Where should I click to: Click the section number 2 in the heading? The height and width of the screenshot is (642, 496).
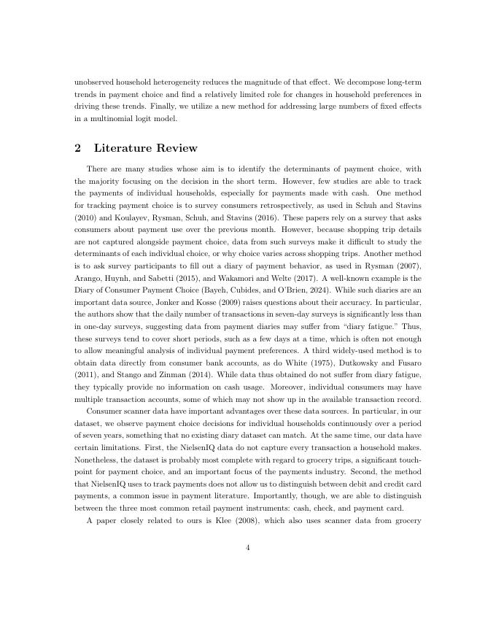[77, 148]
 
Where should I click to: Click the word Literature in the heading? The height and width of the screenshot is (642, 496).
[124, 148]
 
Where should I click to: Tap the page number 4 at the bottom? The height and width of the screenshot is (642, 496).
[248, 548]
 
